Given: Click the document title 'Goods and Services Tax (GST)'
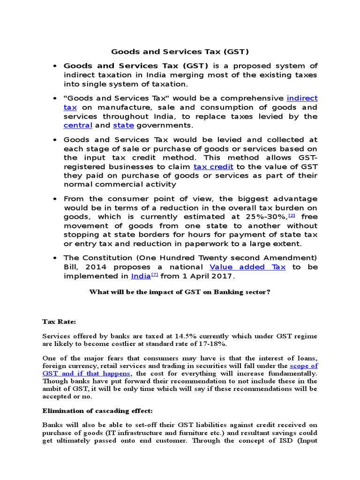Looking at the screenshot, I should pos(180,52).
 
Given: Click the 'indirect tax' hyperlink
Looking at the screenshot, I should pos(302,98).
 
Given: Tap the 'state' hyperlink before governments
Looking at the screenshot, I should pos(123,125).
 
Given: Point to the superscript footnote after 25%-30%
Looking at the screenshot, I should pos(291,215).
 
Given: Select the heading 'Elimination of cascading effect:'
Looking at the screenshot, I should pos(97,411).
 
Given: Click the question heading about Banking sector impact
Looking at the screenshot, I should pos(180,292).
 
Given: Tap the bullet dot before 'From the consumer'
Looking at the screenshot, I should pos(55,199).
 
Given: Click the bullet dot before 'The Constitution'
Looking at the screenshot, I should pos(55,258).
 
